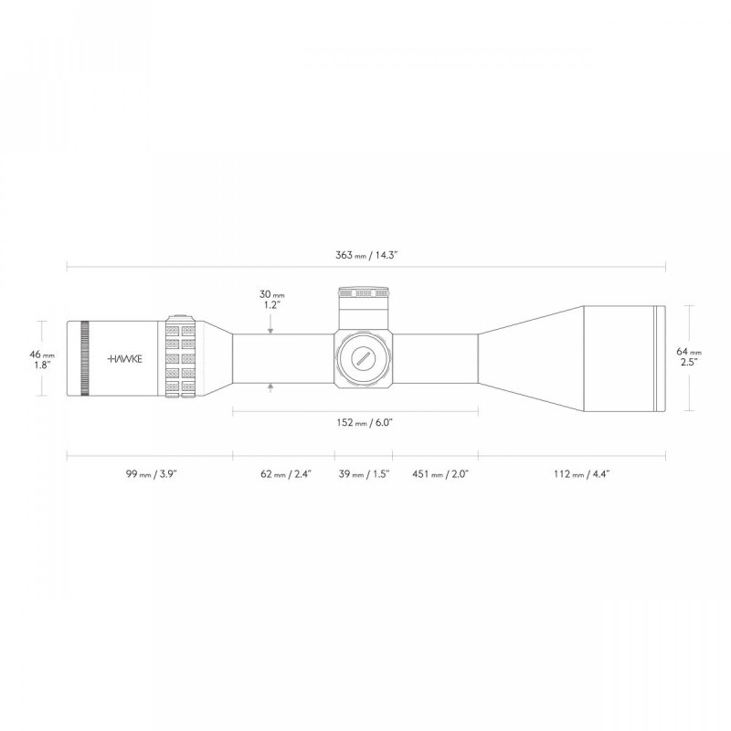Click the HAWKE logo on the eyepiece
[125, 358]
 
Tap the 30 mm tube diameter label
[271, 294]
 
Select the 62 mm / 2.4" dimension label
[285, 474]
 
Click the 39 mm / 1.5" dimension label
[364, 474]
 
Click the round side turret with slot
[363, 358]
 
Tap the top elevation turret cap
[363, 294]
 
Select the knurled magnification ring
[181, 357]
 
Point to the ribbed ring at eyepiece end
[85, 358]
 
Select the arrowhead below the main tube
[271, 388]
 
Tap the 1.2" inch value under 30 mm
[271, 306]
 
